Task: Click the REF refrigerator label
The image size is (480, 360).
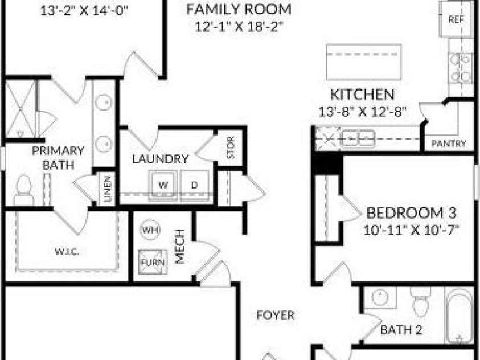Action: point(456,19)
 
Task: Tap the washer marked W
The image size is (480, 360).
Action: point(163,185)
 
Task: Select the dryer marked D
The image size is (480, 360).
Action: point(195,185)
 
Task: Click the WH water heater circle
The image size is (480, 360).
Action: point(150,230)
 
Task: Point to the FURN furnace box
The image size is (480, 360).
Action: point(153,263)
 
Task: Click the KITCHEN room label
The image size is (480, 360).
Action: point(363,95)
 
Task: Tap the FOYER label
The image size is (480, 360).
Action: point(276,315)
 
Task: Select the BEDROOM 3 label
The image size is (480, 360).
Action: point(411,213)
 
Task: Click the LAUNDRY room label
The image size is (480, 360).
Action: point(160,159)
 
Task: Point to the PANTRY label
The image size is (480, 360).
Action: point(449,144)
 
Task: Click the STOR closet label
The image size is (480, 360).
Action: point(231,148)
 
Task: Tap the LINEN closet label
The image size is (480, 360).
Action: point(107,189)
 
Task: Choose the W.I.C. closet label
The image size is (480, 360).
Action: point(67,252)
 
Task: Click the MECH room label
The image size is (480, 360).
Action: point(180,247)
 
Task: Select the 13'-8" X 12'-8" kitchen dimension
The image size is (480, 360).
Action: point(363,112)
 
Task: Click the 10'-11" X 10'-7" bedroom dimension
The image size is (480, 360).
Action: point(412,230)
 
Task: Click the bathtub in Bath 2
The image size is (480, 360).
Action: point(459,316)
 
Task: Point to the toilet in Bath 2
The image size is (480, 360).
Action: point(421,301)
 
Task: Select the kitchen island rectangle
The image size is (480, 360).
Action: point(364,63)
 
